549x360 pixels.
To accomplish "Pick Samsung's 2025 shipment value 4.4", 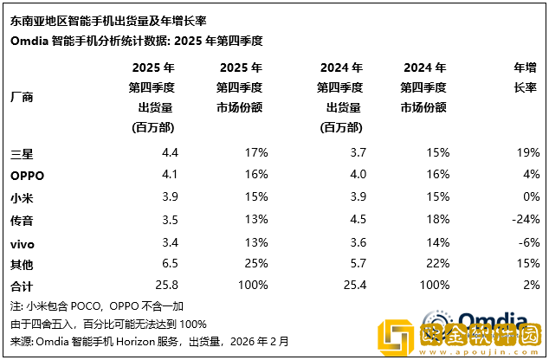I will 169,153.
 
